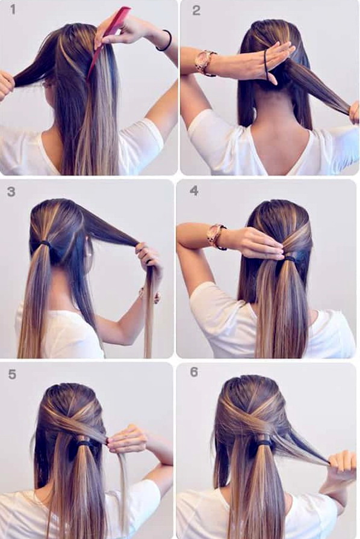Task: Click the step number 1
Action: pyautogui.click(x=13, y=9)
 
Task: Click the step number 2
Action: pyautogui.click(x=196, y=10)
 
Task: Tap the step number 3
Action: pyautogui.click(x=11, y=191)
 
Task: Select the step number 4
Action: pyautogui.click(x=194, y=191)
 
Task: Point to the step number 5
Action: pyautogui.click(x=12, y=374)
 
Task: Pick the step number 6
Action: pyautogui.click(x=194, y=372)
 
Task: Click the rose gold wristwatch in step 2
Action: pyautogui.click(x=205, y=62)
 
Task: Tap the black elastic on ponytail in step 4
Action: pyautogui.click(x=291, y=257)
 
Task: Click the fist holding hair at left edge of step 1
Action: pyautogui.click(x=7, y=84)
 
